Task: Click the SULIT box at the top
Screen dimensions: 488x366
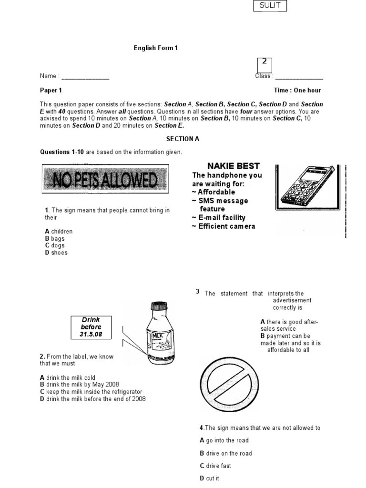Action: coord(270,6)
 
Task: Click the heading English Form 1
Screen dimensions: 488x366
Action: coord(155,48)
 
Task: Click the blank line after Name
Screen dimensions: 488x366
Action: coord(85,77)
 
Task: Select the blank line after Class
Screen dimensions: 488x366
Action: coord(299,77)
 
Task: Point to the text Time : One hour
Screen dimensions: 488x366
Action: coord(297,90)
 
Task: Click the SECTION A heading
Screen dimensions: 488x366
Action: coord(183,139)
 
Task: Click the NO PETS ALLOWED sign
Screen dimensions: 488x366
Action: coord(105,180)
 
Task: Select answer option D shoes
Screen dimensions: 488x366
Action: coord(56,253)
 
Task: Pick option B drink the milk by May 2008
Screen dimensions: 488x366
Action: coord(80,385)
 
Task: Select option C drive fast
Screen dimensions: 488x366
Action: coord(215,466)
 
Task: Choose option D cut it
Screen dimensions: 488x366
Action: coord(210,478)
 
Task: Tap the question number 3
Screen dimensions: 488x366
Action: coord(197,292)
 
